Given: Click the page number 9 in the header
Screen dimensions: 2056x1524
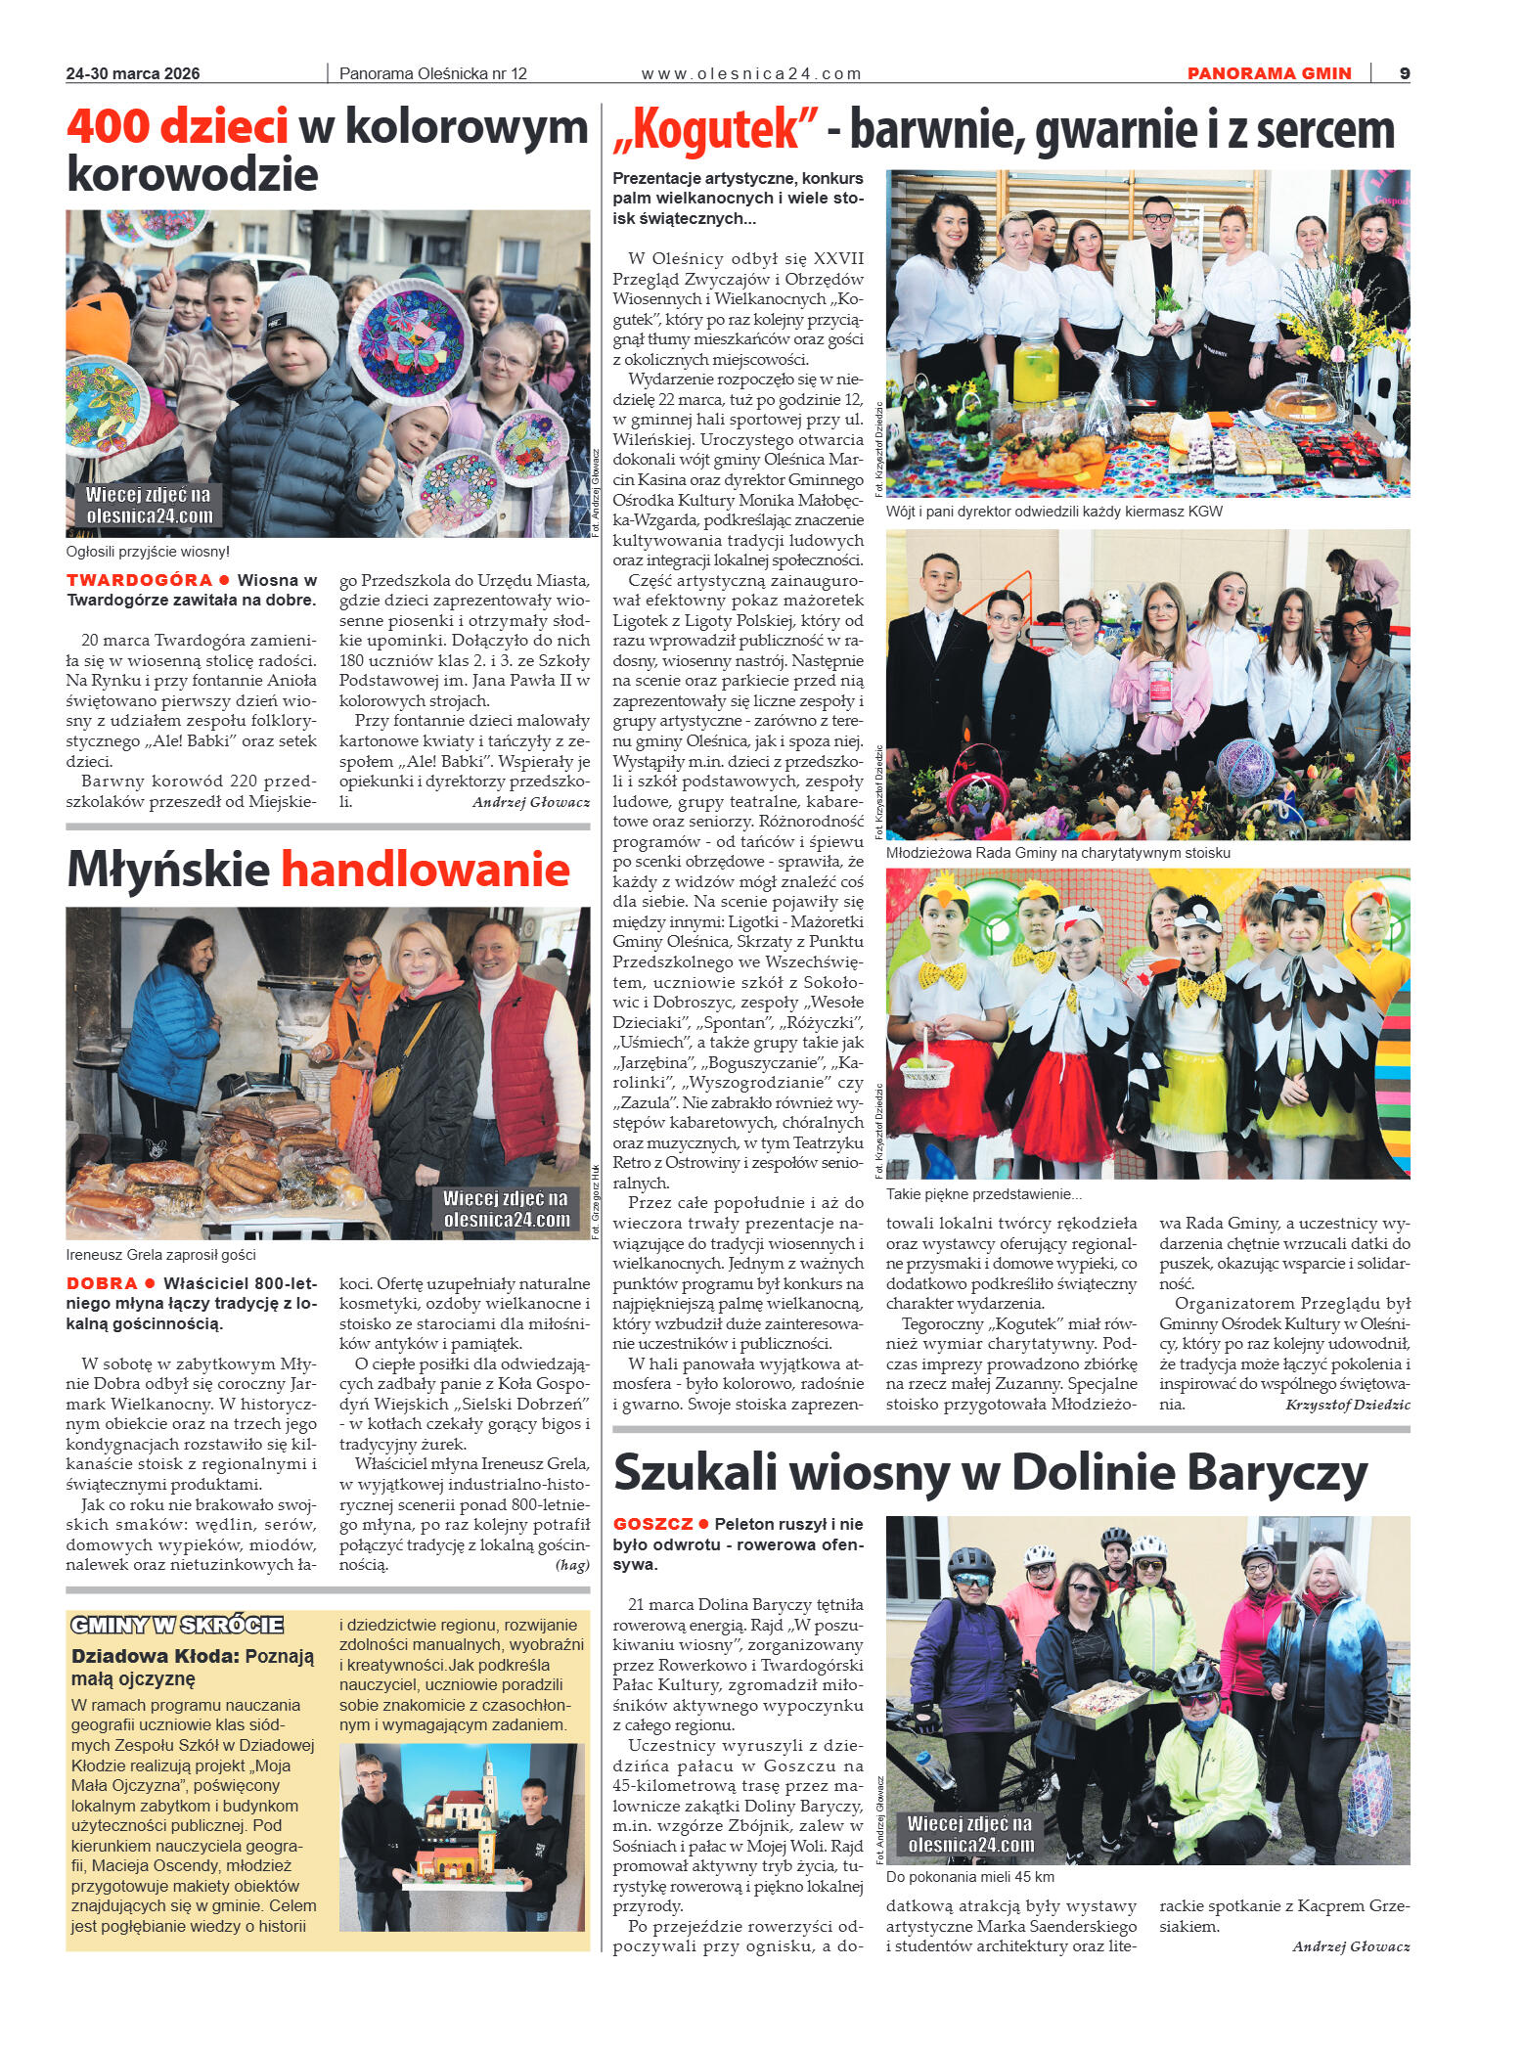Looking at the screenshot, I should pos(1404,73).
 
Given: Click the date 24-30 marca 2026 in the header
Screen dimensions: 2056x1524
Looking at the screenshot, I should pos(133,73).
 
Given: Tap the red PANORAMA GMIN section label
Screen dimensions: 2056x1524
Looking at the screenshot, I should pos(1269,73).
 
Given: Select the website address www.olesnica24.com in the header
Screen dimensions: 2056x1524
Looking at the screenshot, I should pos(751,73).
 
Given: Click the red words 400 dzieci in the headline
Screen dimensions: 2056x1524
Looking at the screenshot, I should pos(177,128).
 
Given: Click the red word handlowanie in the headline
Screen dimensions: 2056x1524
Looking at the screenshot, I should pos(426,868).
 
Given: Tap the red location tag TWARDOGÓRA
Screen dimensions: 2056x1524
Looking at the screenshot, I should pos(139,580).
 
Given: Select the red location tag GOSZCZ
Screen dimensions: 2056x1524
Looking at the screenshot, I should pos(652,1524).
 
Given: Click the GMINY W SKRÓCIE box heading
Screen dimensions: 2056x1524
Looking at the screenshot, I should pos(177,1626).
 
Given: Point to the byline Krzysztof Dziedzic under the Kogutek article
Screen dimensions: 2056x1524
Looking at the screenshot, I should pos(1348,1404).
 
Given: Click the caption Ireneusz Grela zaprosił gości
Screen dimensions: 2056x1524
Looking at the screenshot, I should pos(161,1255).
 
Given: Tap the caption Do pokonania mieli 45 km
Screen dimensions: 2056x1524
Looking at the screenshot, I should pos(969,1877).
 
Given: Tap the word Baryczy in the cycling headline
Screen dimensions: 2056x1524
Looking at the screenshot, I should pos(1286,1472).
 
